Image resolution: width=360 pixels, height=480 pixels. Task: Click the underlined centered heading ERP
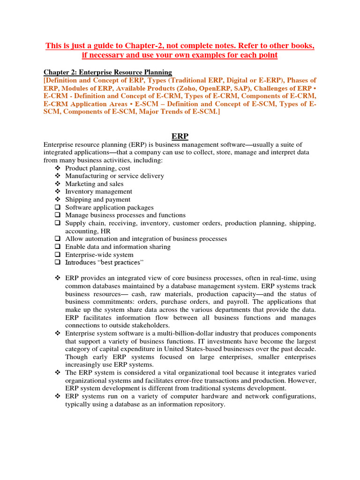pyautogui.click(x=180, y=136)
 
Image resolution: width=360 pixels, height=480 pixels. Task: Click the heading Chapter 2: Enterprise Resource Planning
pyautogui.click(x=108, y=72)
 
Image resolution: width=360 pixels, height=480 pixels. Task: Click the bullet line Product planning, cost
pyautogui.click(x=97, y=168)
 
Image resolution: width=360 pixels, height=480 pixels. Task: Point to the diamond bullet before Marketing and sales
pyautogui.click(x=57, y=184)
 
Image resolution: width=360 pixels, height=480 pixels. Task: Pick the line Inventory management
pyautogui.click(x=98, y=191)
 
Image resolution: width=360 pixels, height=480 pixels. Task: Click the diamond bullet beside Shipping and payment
pyautogui.click(x=57, y=199)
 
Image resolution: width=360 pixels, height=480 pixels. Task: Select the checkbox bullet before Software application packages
pyautogui.click(x=57, y=207)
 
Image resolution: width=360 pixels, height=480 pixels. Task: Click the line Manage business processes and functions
pyautogui.click(x=125, y=215)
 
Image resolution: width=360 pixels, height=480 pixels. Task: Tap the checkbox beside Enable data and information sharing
pyautogui.click(x=57, y=247)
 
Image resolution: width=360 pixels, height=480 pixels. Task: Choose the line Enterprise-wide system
pyautogui.click(x=99, y=255)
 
